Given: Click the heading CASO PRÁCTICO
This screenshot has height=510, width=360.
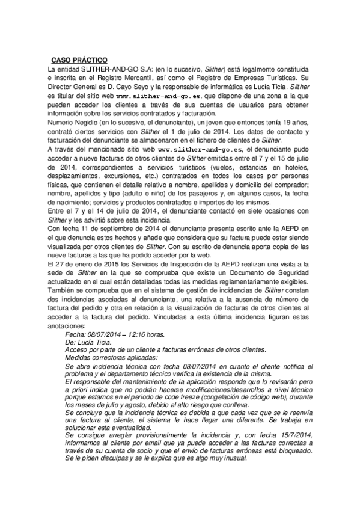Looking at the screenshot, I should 79,60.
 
